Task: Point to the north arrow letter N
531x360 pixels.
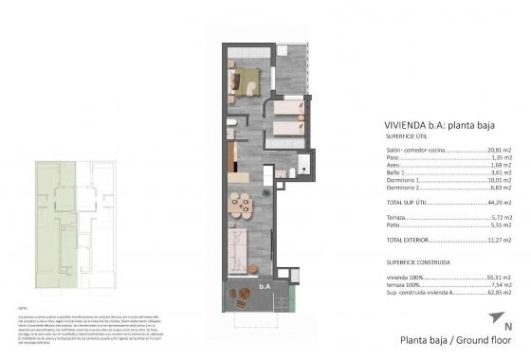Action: (x=508, y=327)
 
